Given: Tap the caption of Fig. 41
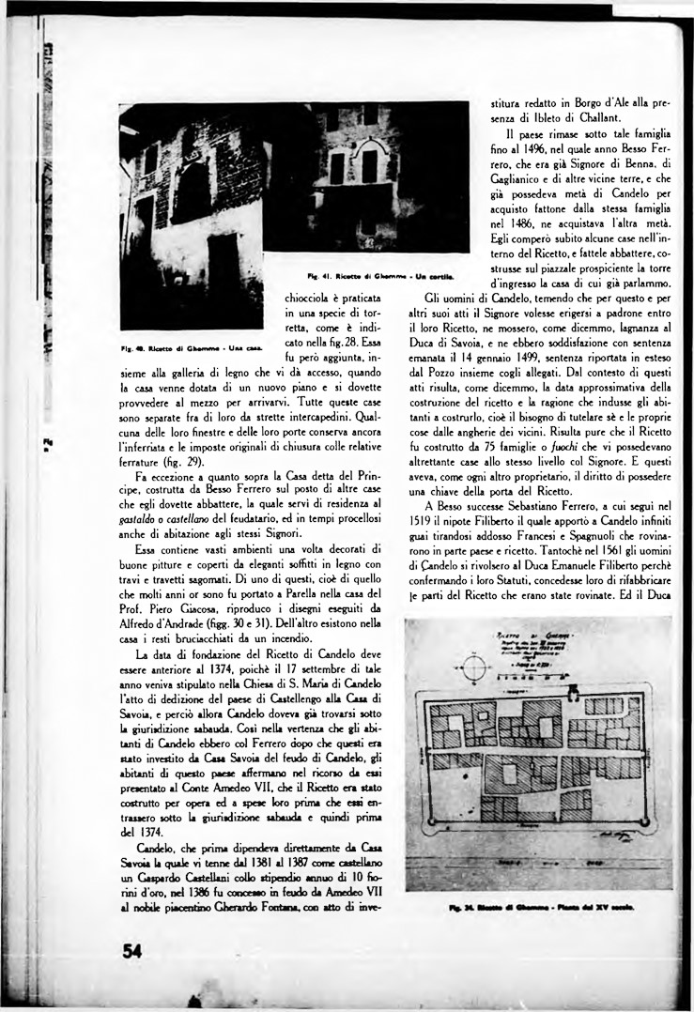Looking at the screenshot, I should (x=380, y=276).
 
